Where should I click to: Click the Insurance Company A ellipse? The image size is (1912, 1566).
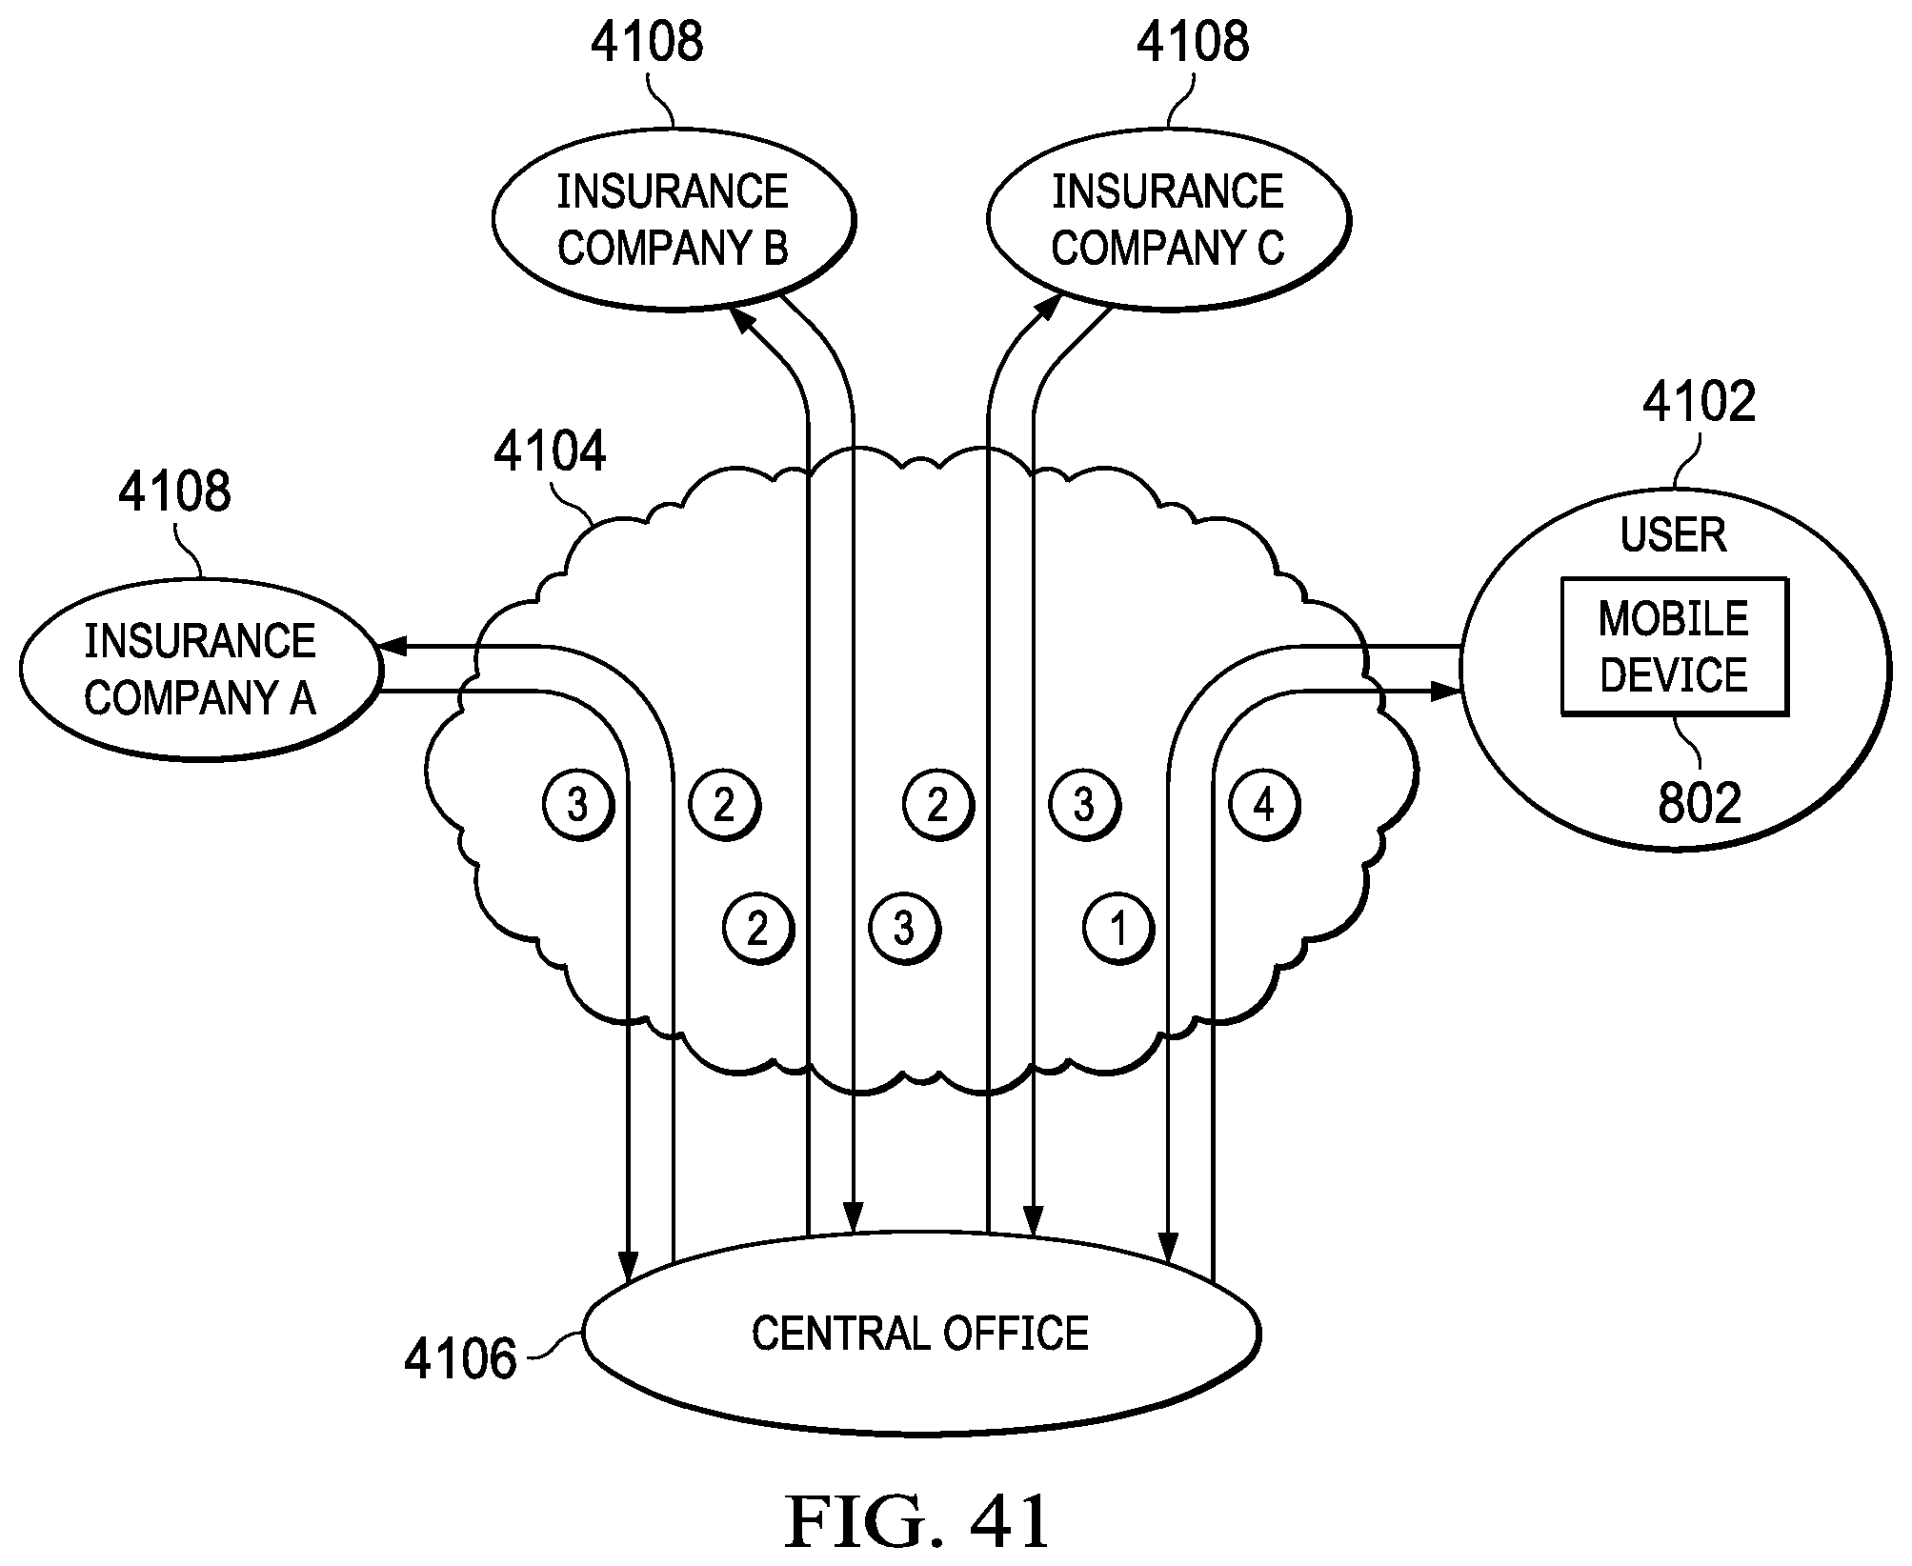pos(200,669)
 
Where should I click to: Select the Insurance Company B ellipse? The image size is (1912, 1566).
pos(673,220)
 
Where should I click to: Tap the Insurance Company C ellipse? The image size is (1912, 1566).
pos(1168,220)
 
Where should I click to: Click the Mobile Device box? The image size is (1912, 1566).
pos(1674,646)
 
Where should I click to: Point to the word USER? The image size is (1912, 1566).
pos(1673,534)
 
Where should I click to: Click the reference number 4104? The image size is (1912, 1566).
pos(550,452)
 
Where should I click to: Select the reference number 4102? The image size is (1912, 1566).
pos(1699,401)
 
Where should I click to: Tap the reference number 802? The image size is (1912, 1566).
pos(1699,803)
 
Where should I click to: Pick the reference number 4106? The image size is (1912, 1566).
pos(460,1358)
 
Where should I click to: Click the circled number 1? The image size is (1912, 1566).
pos(1118,928)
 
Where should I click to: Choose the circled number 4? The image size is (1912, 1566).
pos(1264,806)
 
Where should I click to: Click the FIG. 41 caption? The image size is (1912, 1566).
pos(916,1521)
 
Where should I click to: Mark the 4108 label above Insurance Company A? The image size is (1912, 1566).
pos(174,492)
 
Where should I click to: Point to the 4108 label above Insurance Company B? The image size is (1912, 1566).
pos(647,43)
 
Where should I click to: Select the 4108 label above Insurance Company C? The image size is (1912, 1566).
pos(1193,43)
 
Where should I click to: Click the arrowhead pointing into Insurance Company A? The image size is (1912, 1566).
pos(392,647)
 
